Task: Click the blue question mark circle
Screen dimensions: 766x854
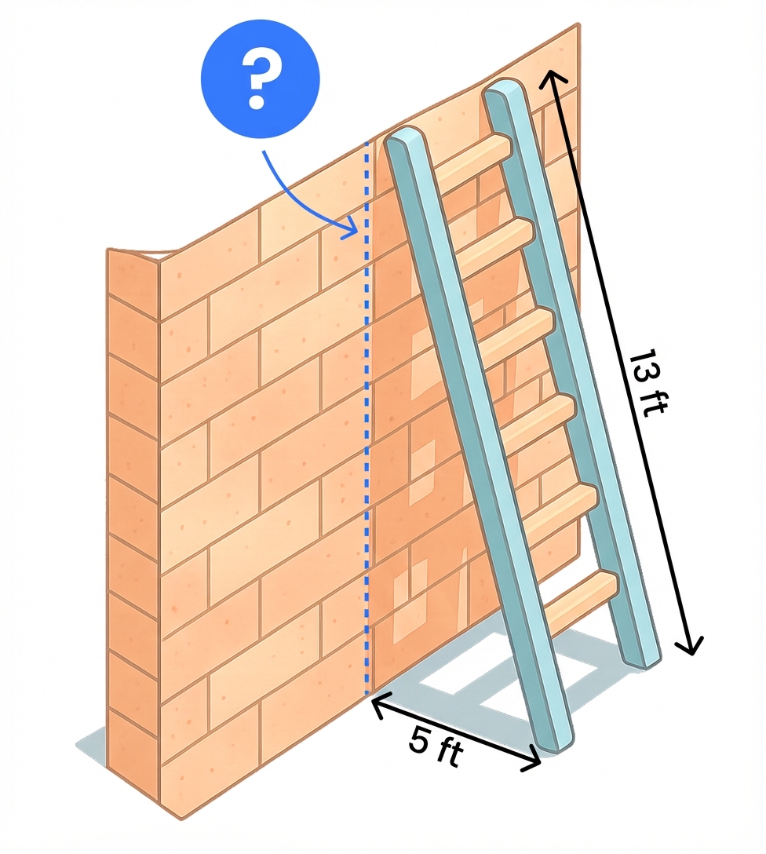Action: click(261, 80)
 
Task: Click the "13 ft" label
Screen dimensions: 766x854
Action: click(647, 382)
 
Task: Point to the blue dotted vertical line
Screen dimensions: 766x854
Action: click(367, 417)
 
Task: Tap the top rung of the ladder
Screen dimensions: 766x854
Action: click(472, 157)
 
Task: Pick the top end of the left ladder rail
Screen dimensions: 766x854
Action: click(403, 136)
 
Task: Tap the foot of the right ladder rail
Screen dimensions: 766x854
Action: click(643, 659)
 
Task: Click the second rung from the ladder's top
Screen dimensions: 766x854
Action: click(494, 245)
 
